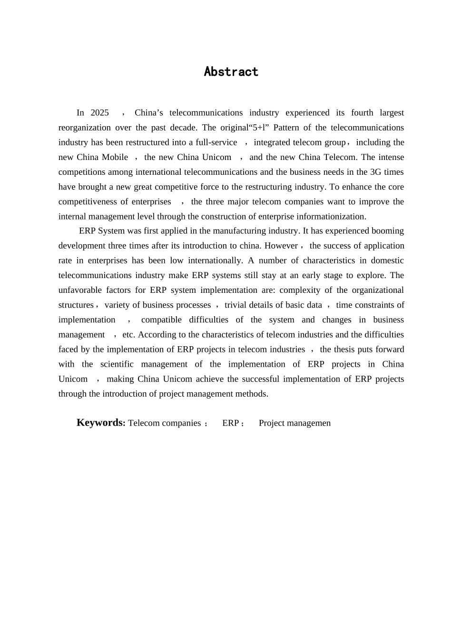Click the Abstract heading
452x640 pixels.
[231, 71]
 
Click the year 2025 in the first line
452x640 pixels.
[99, 113]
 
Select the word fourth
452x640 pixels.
[362, 113]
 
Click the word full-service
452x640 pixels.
[216, 142]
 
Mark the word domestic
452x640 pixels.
[387, 260]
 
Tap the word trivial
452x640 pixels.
[237, 305]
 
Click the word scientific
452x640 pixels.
[117, 364]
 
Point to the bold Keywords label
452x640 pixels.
[101, 423]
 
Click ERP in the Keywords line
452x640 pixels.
[230, 423]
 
